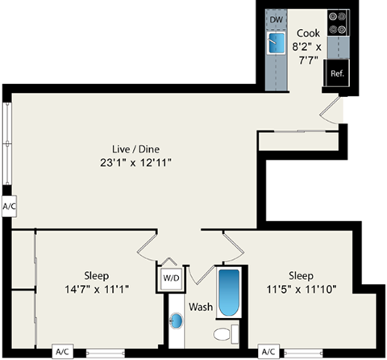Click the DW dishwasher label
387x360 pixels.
(x=277, y=19)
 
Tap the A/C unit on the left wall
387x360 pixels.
(x=10, y=207)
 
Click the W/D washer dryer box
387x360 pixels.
(x=171, y=278)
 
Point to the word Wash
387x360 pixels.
(x=200, y=307)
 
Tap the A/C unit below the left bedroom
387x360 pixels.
(x=62, y=352)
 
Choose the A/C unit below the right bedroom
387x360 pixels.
(x=268, y=352)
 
